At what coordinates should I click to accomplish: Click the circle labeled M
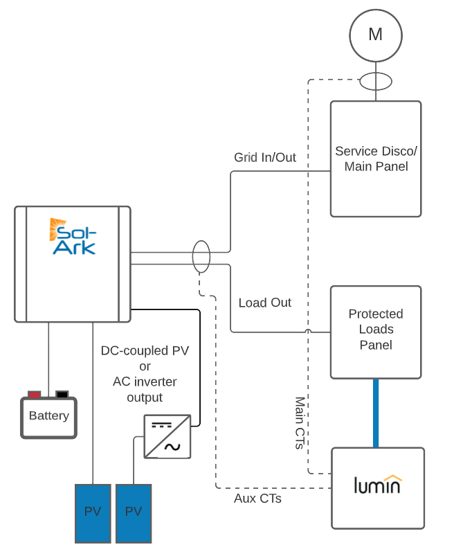375,35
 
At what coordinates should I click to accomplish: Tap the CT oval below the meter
375,82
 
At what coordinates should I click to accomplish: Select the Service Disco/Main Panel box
376,159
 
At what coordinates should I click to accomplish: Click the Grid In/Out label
265,158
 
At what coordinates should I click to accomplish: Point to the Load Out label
265,303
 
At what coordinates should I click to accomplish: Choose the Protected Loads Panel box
376,332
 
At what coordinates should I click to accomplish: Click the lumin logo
377,485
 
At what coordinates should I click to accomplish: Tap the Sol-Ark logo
73,237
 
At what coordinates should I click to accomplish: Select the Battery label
48,416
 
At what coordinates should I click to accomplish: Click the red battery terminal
34,395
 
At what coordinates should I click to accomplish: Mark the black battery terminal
62,395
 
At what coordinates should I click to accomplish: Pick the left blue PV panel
93,512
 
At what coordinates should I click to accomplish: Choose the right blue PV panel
134,512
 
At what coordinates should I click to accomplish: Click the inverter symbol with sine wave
167,436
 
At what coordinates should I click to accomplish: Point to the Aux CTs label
257,498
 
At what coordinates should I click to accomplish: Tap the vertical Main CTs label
300,423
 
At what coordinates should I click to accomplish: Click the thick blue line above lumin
376,413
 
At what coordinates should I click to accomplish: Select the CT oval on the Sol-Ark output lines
201,257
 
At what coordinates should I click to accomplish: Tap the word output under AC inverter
145,397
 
